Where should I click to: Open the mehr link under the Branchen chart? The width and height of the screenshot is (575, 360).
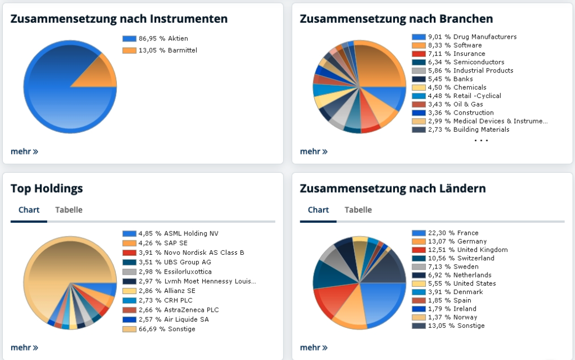314,151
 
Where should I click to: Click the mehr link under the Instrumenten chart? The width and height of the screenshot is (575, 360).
24,151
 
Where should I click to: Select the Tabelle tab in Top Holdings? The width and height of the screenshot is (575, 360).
69,210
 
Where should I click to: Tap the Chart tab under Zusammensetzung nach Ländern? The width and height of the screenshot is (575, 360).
318,210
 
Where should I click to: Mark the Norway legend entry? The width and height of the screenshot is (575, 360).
451,317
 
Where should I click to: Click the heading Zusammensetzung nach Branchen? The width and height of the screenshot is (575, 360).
396,19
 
